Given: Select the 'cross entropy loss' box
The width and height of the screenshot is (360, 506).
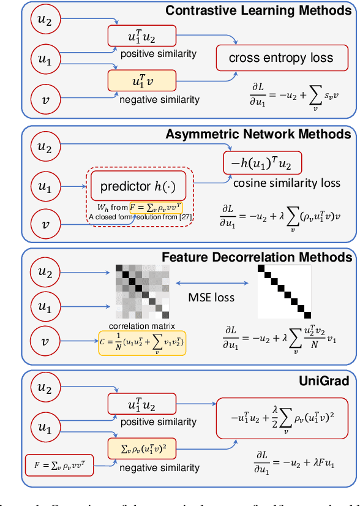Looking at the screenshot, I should pyautogui.click(x=281, y=58).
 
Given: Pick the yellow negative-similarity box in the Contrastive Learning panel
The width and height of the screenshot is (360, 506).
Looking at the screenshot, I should pyautogui.click(x=142, y=80).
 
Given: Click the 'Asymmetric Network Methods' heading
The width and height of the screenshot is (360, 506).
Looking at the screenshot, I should pyautogui.click(x=258, y=134).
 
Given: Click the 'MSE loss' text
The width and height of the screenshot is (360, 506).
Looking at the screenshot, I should pyautogui.click(x=211, y=298).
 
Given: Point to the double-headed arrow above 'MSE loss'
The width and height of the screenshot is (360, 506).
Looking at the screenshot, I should pyautogui.click(x=211, y=283).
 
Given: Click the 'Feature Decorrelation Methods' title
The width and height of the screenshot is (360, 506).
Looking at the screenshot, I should pyautogui.click(x=257, y=257).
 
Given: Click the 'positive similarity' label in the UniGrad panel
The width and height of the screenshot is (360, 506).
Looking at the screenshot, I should pyautogui.click(x=159, y=422).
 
